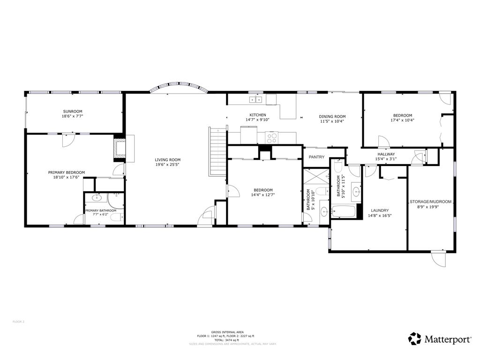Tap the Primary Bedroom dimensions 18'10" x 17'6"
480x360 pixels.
click(67, 178)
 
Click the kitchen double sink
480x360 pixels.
click(256, 99)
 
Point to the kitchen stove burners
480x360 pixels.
click(272, 138)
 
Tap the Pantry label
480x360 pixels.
click(317, 157)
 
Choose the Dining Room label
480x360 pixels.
click(332, 116)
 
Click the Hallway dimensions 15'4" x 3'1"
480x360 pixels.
click(386, 159)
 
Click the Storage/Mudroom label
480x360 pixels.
click(431, 202)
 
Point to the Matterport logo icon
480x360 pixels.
click(415, 338)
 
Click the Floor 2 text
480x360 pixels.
click(18, 322)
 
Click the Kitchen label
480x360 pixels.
click(258, 115)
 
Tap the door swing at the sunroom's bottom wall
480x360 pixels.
click(68, 140)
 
